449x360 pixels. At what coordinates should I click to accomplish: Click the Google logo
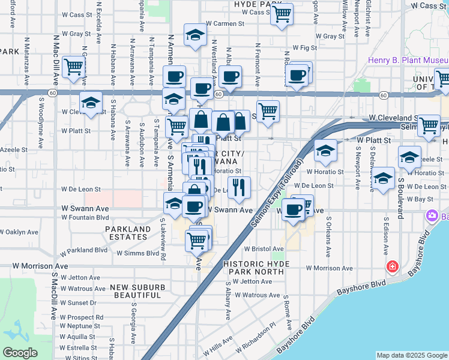19,353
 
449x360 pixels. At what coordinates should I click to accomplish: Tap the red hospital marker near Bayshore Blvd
393,265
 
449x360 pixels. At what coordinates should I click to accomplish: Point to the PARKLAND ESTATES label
128,233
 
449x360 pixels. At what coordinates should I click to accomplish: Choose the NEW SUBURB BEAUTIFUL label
137,292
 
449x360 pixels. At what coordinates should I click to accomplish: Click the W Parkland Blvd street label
83,250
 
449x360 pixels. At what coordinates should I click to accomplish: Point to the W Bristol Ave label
264,248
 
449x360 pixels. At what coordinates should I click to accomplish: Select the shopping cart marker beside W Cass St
282,13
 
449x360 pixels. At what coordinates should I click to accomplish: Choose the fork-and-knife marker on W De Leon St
239,187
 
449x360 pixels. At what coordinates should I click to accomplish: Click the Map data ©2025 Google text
412,355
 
